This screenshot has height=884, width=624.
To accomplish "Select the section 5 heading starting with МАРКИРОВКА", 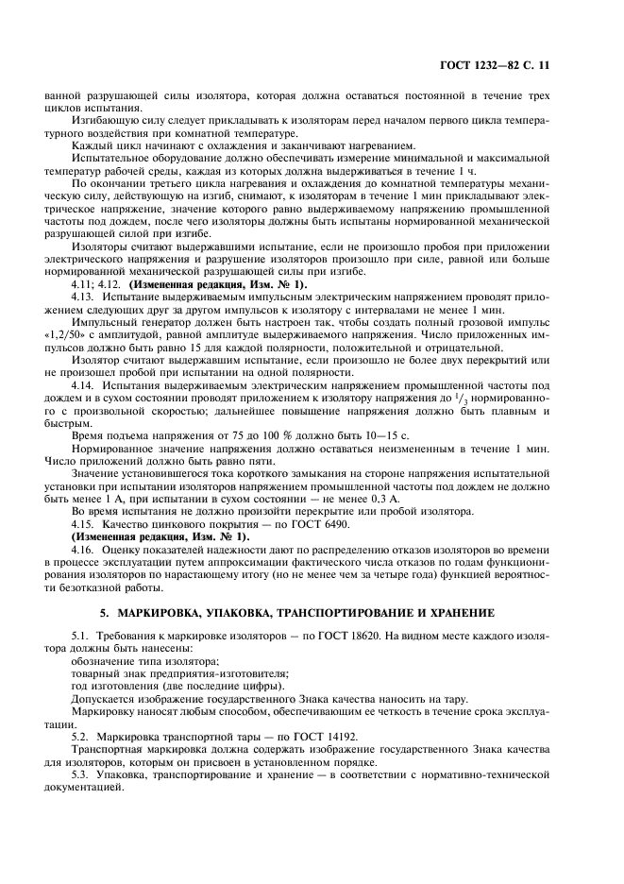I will click(312, 612).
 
